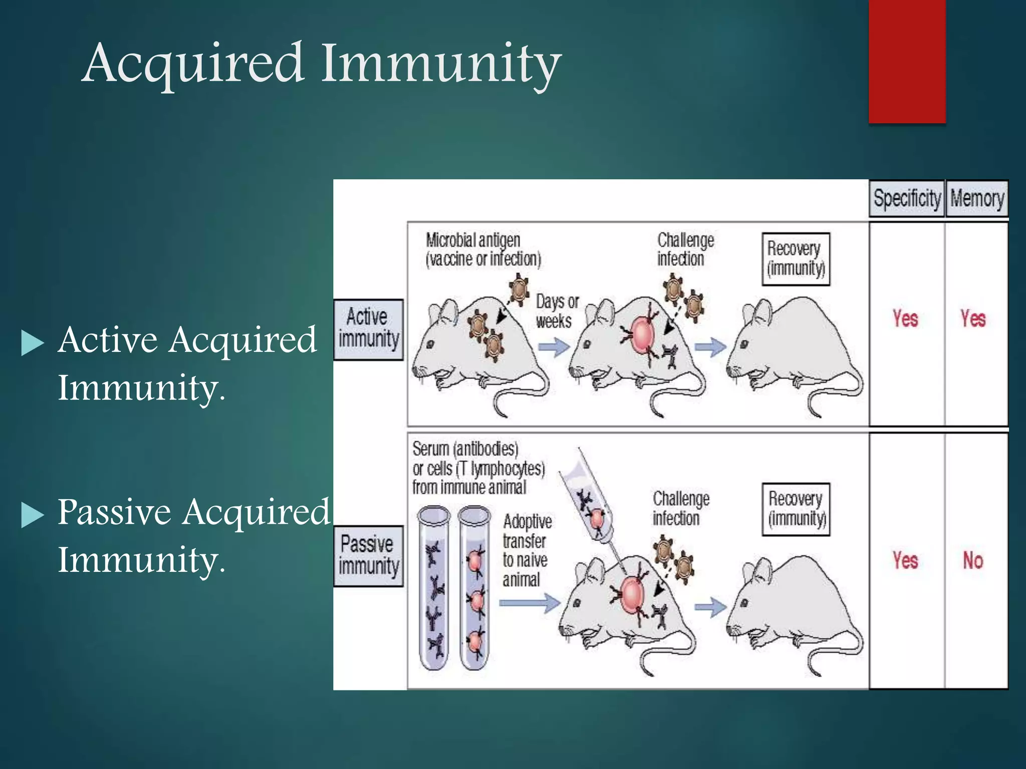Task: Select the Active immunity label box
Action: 368,329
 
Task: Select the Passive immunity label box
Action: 368,555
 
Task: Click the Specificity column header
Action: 906,198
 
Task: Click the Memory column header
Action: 976,198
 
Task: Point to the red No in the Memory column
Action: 973,560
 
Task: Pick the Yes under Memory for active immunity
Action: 973,319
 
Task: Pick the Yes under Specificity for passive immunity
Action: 905,560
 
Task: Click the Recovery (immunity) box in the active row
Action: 796,259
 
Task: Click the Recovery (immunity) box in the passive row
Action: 796,509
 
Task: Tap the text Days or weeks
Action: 556,311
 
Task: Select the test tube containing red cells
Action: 474,588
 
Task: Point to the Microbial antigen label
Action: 483,249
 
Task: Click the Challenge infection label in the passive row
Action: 680,508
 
